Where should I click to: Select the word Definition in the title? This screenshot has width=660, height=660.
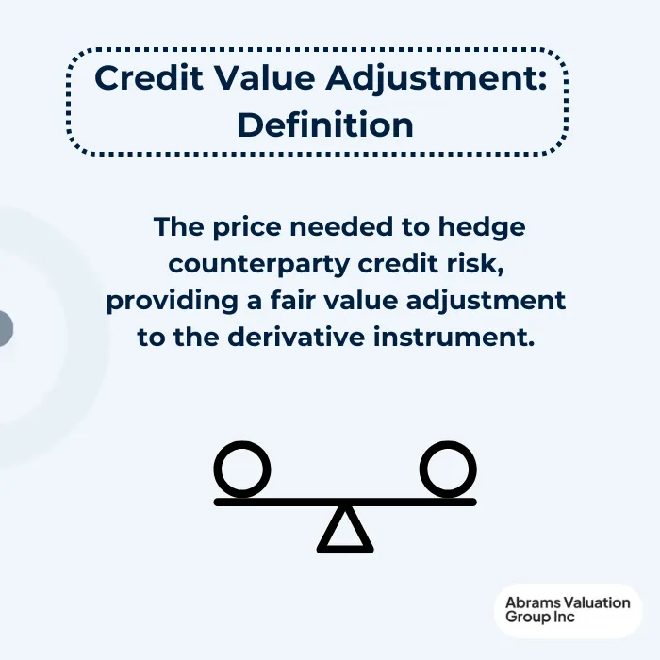[x=325, y=124]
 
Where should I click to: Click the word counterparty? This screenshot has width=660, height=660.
[x=253, y=264]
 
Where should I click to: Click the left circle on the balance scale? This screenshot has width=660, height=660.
[x=242, y=469]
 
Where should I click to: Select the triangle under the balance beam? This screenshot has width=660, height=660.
[x=346, y=531]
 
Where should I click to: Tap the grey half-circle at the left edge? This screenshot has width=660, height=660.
[x=5, y=329]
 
